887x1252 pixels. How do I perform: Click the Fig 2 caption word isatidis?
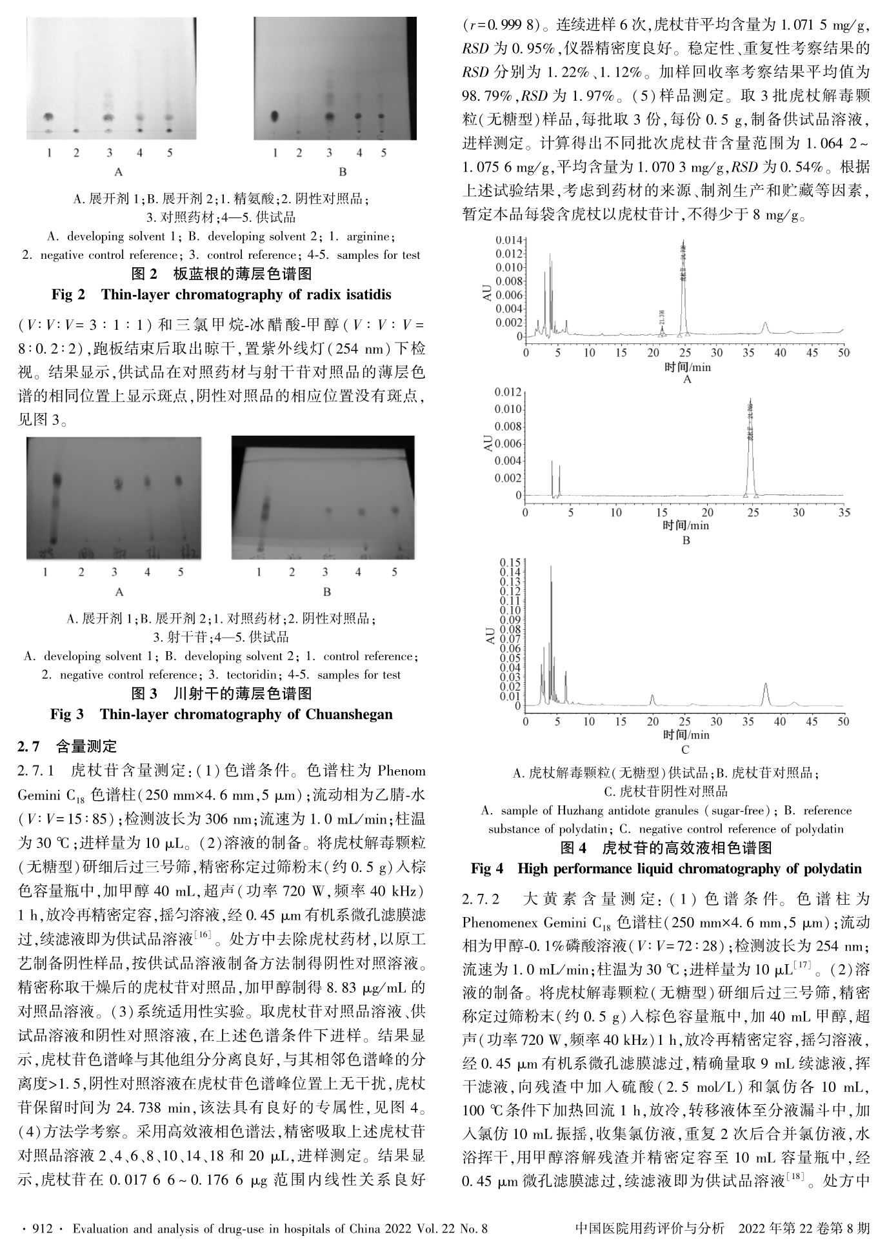(368, 295)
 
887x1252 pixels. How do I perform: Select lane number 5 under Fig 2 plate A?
(170, 153)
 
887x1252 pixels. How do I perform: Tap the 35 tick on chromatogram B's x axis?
(844, 512)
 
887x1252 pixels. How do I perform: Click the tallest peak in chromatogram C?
(550, 568)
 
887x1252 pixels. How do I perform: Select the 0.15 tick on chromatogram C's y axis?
(510, 563)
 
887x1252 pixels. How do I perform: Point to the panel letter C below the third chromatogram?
(685, 749)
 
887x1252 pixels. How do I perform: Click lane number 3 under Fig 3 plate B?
(325, 572)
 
